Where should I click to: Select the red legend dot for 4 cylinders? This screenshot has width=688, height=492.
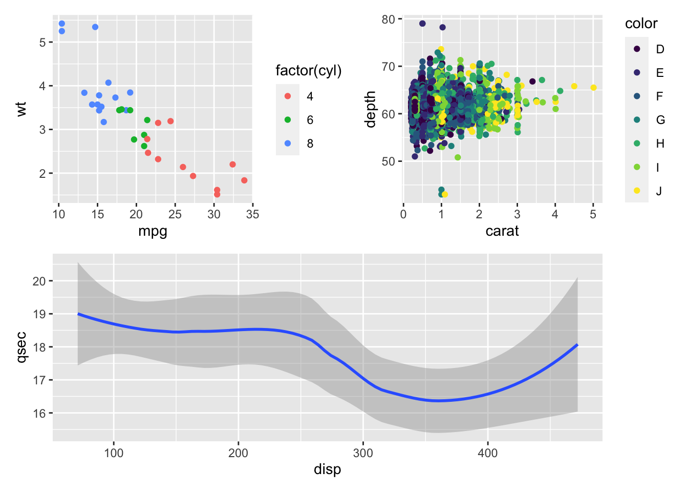click(288, 96)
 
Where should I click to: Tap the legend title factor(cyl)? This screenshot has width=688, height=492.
click(308, 70)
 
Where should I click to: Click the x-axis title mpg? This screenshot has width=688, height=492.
click(153, 232)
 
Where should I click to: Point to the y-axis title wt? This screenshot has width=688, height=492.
click(21, 109)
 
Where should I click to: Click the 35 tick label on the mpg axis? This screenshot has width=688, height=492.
click(252, 214)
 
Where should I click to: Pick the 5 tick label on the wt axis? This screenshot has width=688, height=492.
click(42, 42)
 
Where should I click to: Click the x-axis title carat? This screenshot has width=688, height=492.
click(502, 231)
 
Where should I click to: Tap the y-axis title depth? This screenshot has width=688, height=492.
click(371, 109)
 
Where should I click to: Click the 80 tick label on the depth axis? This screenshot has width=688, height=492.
click(389, 19)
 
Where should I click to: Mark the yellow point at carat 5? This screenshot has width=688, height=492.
click(593, 88)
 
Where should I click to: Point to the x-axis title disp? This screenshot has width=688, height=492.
click(327, 469)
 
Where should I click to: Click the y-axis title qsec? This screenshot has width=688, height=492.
click(21, 347)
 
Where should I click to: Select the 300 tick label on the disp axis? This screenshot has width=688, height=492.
click(363, 453)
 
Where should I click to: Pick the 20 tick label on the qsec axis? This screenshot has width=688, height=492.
click(39, 281)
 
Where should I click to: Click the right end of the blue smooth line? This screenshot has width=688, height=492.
click(577, 345)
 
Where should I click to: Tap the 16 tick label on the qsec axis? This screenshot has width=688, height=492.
click(39, 413)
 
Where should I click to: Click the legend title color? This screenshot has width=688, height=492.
click(641, 24)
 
